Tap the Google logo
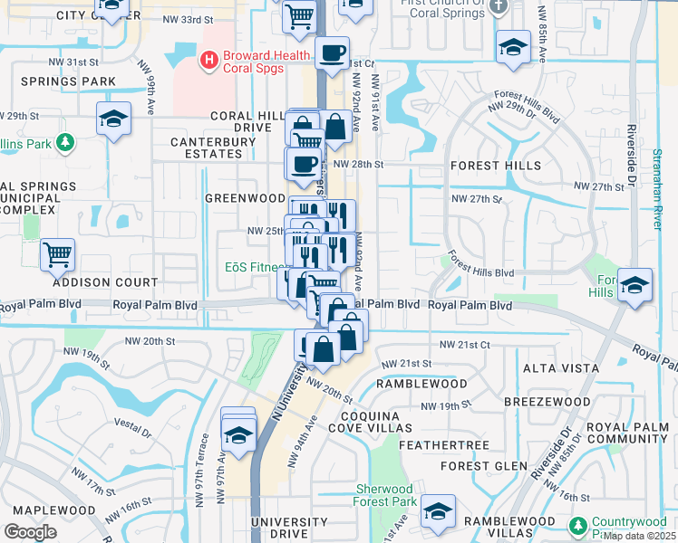point(30,532)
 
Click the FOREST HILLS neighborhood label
point(496,166)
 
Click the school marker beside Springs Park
point(114,119)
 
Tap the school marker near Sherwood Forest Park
point(438,511)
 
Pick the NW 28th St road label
point(359,165)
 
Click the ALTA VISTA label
point(561,368)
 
